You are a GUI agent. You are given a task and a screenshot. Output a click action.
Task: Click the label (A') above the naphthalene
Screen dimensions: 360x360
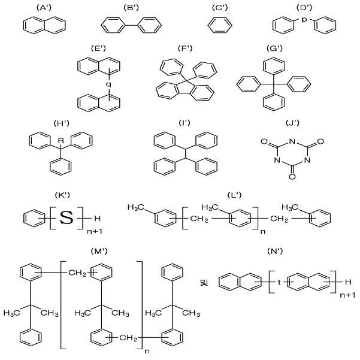pyautogui.click(x=44, y=8)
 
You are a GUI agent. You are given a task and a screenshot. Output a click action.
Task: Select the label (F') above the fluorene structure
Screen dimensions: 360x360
pyautogui.click(x=185, y=48)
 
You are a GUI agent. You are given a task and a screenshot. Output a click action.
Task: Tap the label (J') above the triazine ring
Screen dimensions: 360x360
pyautogui.click(x=292, y=123)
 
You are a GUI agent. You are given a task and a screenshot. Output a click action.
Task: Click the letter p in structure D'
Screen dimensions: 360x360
pyautogui.click(x=304, y=20)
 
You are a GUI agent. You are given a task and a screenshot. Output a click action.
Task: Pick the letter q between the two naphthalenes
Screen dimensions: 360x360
pyautogui.click(x=108, y=84)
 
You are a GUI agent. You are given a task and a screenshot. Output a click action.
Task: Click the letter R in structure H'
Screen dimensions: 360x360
pyautogui.click(x=60, y=141)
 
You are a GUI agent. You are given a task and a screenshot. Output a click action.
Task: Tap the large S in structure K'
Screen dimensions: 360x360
pyautogui.click(x=66, y=217)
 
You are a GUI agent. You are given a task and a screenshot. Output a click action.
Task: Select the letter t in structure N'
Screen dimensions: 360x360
pyautogui.click(x=279, y=282)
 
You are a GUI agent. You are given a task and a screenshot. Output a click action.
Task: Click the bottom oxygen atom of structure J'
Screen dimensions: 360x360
pyautogui.click(x=292, y=177)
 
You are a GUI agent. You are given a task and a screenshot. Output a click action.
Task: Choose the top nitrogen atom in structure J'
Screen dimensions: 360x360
pyautogui.click(x=292, y=141)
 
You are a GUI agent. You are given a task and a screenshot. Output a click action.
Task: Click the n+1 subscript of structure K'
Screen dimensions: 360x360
pyautogui.click(x=95, y=231)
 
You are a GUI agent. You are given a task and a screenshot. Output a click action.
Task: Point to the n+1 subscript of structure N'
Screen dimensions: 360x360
pyautogui.click(x=347, y=295)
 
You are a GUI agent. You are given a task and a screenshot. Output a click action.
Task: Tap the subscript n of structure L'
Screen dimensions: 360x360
pyautogui.click(x=263, y=232)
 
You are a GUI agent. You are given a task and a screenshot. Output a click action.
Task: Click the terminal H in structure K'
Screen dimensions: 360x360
pyautogui.click(x=98, y=218)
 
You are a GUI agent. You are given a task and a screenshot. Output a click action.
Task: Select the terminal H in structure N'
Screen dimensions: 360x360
pyautogui.click(x=348, y=282)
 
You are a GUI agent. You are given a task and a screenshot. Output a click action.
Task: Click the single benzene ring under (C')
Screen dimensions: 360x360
pyautogui.click(x=220, y=25)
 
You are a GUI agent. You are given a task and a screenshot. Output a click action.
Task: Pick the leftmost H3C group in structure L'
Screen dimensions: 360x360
pyautogui.click(x=136, y=207)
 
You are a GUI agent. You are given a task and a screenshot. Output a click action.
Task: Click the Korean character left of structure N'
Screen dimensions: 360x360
pyautogui.click(x=204, y=283)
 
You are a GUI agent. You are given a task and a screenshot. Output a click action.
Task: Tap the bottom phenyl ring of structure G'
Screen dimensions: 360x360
pyautogui.click(x=274, y=102)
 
